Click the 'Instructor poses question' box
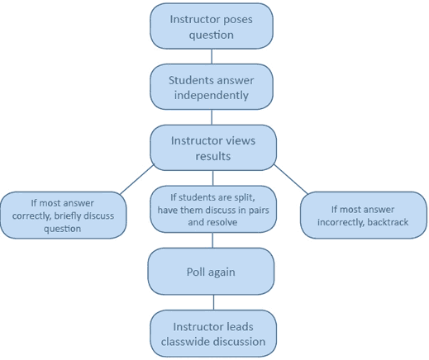(212, 26)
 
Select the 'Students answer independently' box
(212, 87)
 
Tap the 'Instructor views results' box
(213, 148)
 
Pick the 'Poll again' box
(211, 272)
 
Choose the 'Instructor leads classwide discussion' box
(213, 334)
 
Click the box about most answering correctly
(64, 216)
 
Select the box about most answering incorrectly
(364, 216)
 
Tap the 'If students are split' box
(213, 209)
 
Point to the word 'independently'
(212, 96)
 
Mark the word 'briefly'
(68, 216)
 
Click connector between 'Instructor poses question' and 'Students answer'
(212, 56)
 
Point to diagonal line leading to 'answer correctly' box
(137, 179)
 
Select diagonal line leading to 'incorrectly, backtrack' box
(290, 179)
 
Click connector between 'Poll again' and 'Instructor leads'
(213, 302)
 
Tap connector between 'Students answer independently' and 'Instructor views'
(212, 117)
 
